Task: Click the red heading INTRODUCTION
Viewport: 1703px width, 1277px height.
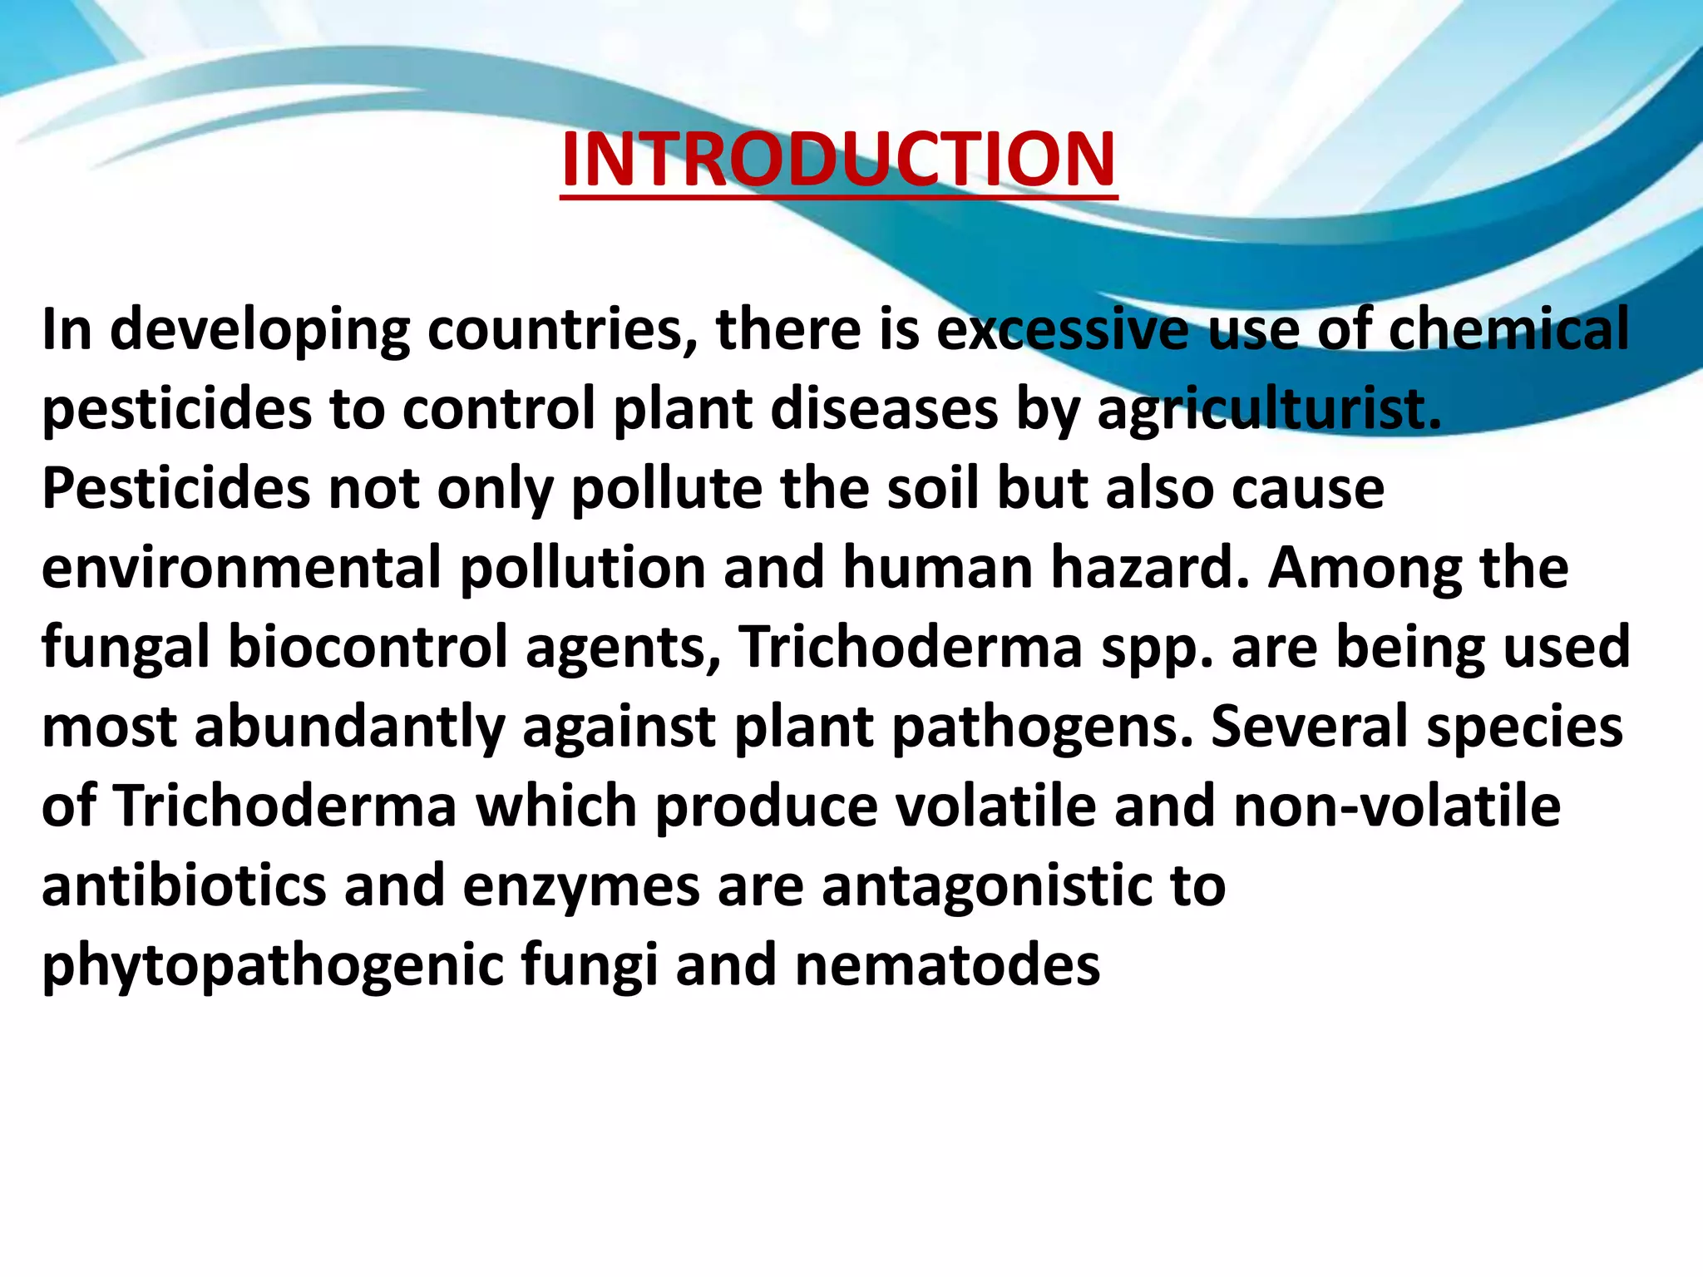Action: [x=838, y=160]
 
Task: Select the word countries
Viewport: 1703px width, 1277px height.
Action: [x=561, y=330]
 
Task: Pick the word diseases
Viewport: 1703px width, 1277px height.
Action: [x=884, y=410]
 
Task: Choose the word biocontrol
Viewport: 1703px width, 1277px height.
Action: [x=368, y=648]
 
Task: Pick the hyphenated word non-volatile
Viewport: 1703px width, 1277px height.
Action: [x=1397, y=806]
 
